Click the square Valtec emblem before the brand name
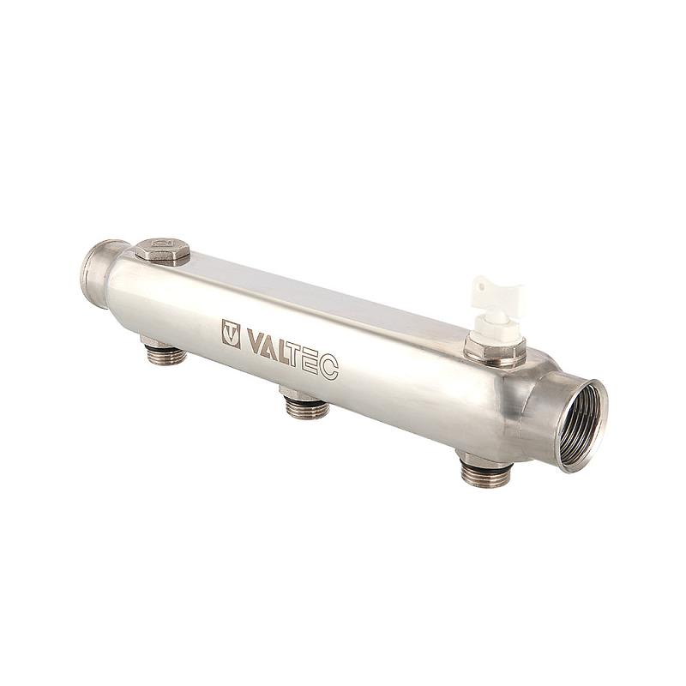[232, 334]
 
